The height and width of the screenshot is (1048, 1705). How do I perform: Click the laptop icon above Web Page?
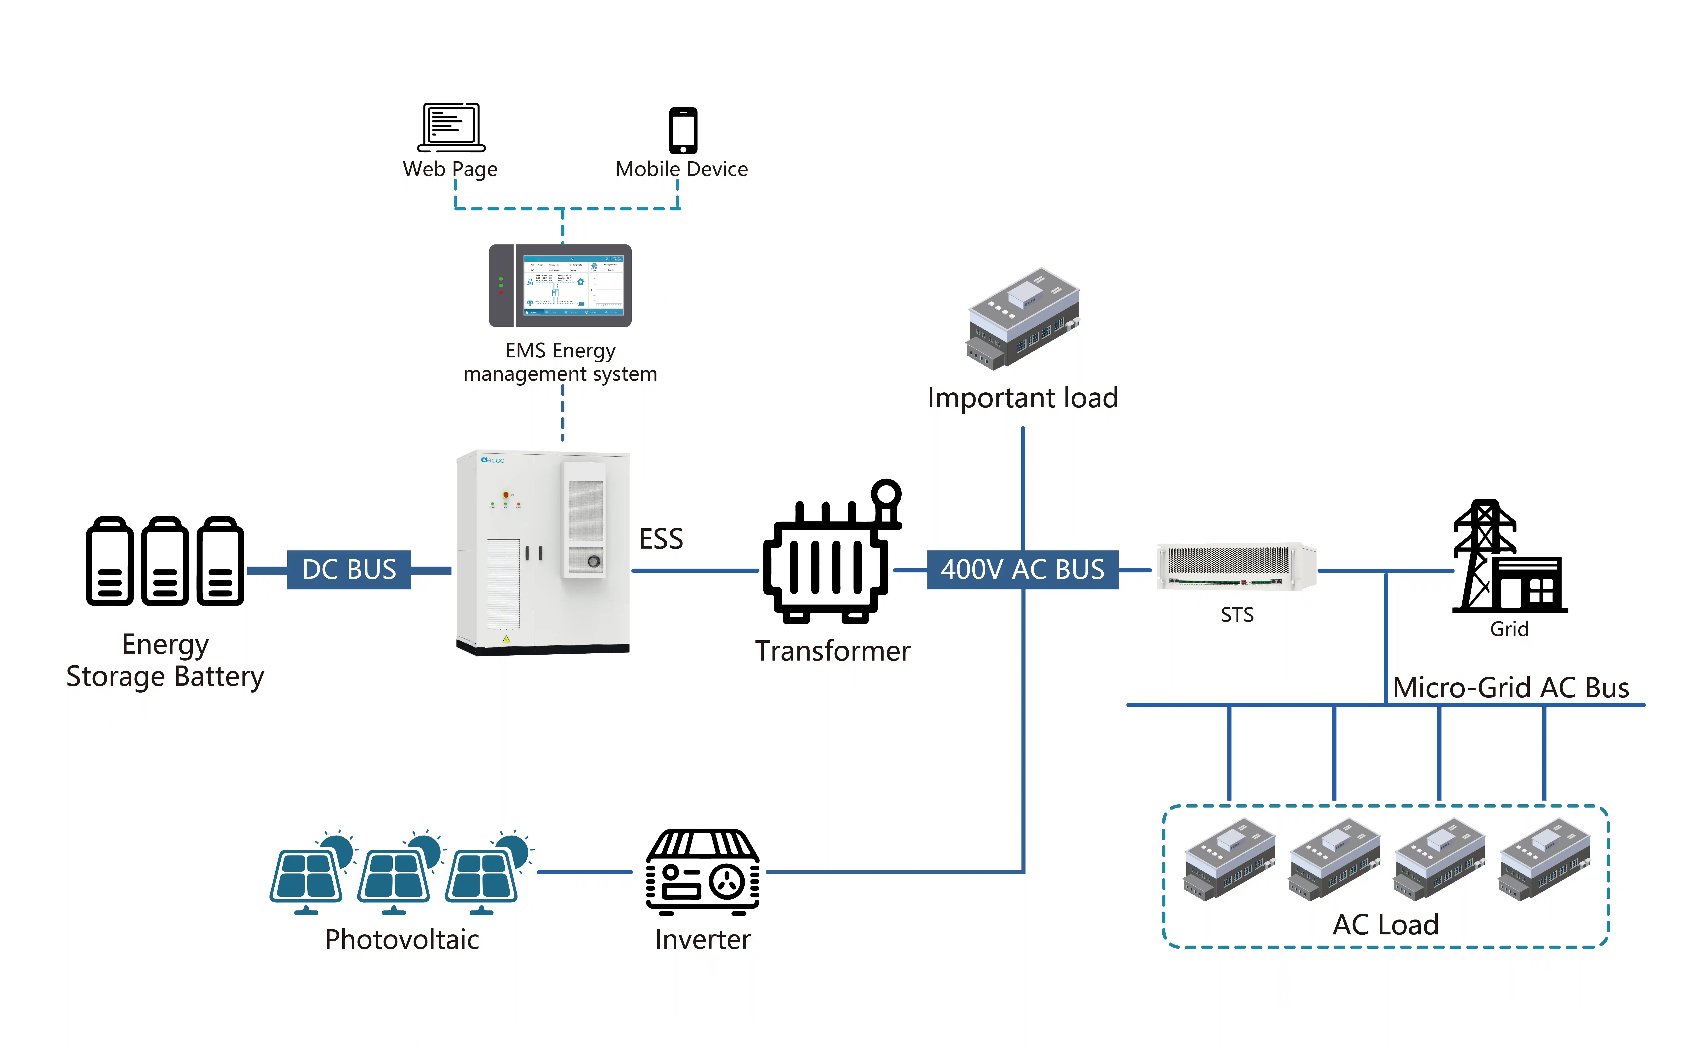click(x=451, y=127)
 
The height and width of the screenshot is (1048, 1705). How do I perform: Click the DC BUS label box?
click(x=349, y=570)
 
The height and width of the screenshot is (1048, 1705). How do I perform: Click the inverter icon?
click(x=703, y=872)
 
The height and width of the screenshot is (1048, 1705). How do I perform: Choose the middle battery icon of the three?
click(x=165, y=561)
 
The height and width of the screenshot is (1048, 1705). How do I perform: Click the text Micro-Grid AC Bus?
click(x=1510, y=688)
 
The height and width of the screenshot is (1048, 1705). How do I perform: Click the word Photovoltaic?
click(x=402, y=939)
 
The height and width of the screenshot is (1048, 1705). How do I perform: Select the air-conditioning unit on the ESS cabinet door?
click(x=585, y=519)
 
